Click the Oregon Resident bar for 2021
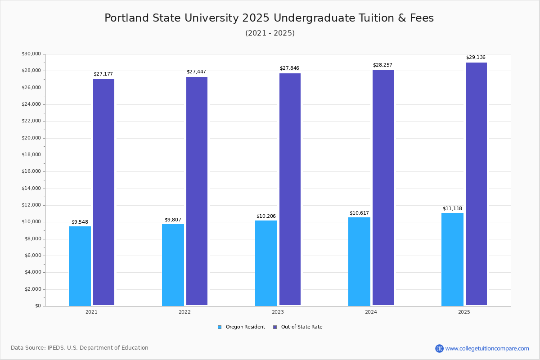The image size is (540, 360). [80, 266]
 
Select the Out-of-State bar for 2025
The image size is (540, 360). [476, 184]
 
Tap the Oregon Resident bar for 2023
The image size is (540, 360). [266, 263]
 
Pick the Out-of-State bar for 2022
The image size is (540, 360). [197, 191]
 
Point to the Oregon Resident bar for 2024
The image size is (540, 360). [359, 261]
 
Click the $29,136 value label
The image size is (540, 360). [476, 58]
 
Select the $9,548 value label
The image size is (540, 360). [80, 222]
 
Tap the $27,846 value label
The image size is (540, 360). [289, 68]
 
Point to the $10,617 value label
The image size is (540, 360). [359, 213]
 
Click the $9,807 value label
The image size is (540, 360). [173, 220]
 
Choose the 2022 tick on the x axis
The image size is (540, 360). [184, 312]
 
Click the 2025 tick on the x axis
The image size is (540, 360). [464, 312]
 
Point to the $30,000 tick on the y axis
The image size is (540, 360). [31, 54]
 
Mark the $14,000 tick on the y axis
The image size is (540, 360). [31, 189]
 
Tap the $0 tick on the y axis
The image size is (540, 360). [37, 306]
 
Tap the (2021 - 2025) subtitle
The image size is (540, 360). [270, 33]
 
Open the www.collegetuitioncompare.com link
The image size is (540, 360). [487, 348]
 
